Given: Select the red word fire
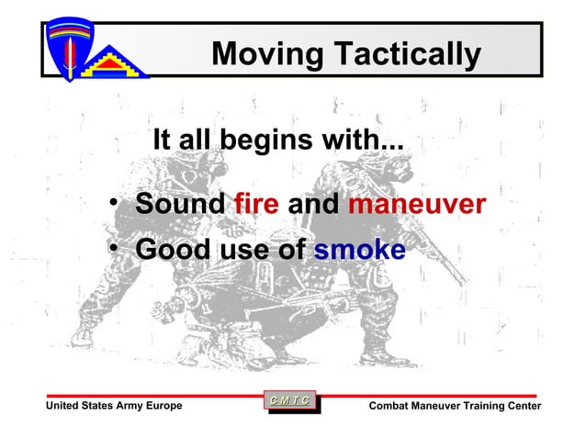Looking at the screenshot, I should [256, 204].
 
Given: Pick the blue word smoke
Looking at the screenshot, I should [359, 249].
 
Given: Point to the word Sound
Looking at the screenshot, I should [180, 204].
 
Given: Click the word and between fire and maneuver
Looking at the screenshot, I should [313, 204].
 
